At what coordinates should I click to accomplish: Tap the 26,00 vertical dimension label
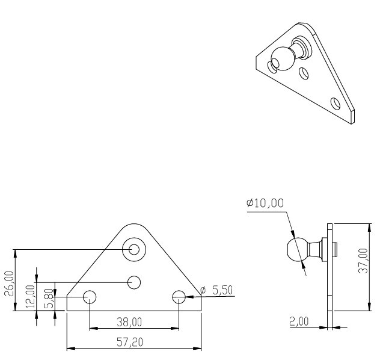tap(10, 284)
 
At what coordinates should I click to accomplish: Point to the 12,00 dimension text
tap(31, 296)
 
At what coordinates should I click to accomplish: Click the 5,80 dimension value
tap(49, 299)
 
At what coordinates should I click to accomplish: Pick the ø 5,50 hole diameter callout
tap(216, 290)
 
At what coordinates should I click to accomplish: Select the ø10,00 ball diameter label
tap(265, 203)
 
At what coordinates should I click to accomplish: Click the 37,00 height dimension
tap(363, 261)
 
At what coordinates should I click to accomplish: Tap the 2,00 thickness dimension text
tap(299, 321)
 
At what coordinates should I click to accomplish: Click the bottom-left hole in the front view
tap(90, 297)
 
